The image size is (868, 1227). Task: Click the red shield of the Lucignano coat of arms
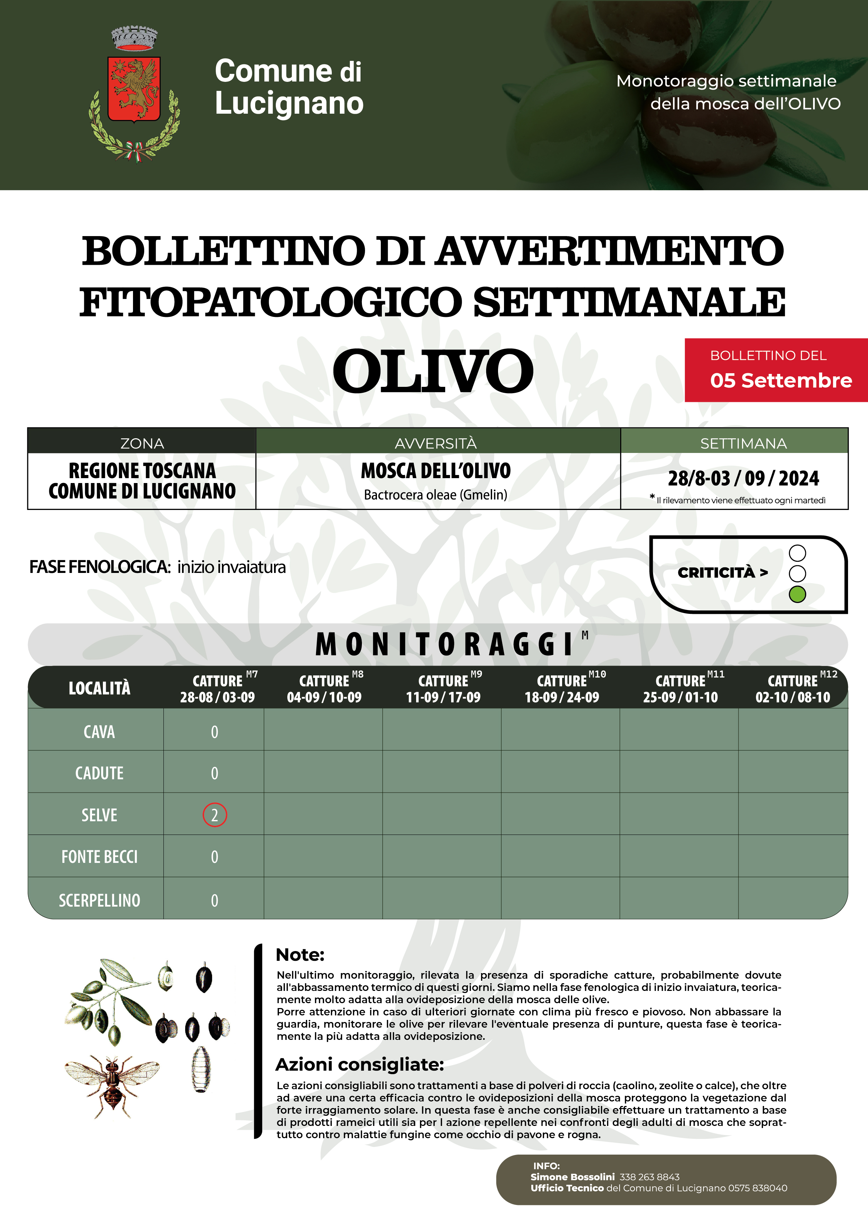pos(134,89)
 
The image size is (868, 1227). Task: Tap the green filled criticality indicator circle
pos(797,594)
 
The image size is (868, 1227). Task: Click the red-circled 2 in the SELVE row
pos(215,815)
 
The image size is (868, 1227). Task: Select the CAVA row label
pos(99,732)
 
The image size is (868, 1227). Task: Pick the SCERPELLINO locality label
pos(99,900)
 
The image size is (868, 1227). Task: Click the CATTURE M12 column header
pos(793,688)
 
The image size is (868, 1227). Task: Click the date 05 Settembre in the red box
pos(781,381)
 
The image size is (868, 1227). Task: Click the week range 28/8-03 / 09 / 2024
pos(743,478)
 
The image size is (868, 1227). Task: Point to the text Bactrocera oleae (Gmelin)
pos(435,495)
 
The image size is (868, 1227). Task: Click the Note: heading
pos(300,955)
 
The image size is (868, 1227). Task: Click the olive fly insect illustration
pos(112,1085)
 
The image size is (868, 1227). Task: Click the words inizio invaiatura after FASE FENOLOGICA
pos(232,567)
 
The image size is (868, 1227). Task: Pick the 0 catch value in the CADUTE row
pos(215,773)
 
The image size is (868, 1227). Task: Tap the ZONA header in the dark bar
pos(142,444)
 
